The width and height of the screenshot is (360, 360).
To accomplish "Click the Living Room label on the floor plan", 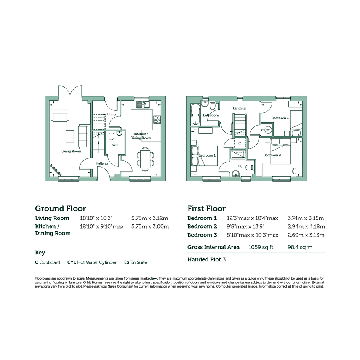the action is (x=71, y=151).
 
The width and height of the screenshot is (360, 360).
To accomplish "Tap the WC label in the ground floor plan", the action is (x=115, y=145).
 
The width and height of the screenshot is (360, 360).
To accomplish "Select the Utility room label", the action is (x=112, y=114).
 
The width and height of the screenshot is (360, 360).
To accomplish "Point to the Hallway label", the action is (x=102, y=163).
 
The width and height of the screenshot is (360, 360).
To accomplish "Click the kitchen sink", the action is (x=143, y=105).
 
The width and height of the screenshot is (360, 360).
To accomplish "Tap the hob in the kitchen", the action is (x=157, y=120).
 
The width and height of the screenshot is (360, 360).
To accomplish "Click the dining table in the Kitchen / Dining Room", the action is (x=145, y=159).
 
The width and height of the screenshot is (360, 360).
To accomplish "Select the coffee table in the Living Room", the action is (x=70, y=136).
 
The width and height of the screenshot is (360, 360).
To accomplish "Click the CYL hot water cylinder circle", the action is (x=268, y=130).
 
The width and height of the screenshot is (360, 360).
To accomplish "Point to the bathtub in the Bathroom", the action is (x=195, y=115).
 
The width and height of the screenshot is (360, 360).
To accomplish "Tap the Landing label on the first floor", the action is (x=239, y=108).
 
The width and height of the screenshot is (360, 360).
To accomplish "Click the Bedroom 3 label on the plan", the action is (x=280, y=118).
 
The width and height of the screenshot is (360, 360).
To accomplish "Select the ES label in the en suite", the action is (x=240, y=167).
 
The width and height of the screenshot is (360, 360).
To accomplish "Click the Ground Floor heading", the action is (x=61, y=208).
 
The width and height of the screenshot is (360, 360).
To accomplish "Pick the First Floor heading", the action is (x=206, y=208).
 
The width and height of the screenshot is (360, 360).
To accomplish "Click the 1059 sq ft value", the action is (x=261, y=247).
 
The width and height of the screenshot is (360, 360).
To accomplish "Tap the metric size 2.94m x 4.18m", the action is (x=306, y=227).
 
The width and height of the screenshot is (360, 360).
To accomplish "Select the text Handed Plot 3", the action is (x=206, y=259).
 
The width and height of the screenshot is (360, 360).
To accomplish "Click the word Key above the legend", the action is (x=40, y=253).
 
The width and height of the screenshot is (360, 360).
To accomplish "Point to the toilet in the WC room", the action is (x=111, y=136).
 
